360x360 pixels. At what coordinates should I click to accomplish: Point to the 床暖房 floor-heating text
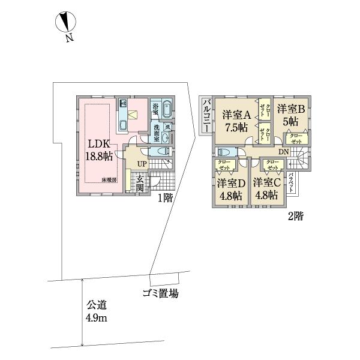coord(108,179)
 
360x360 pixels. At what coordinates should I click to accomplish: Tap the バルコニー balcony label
coord(206,115)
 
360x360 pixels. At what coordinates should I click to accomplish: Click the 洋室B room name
coord(292,109)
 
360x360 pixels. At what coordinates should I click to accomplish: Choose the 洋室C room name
coord(266,182)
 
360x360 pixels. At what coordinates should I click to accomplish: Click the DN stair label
coord(283,152)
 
